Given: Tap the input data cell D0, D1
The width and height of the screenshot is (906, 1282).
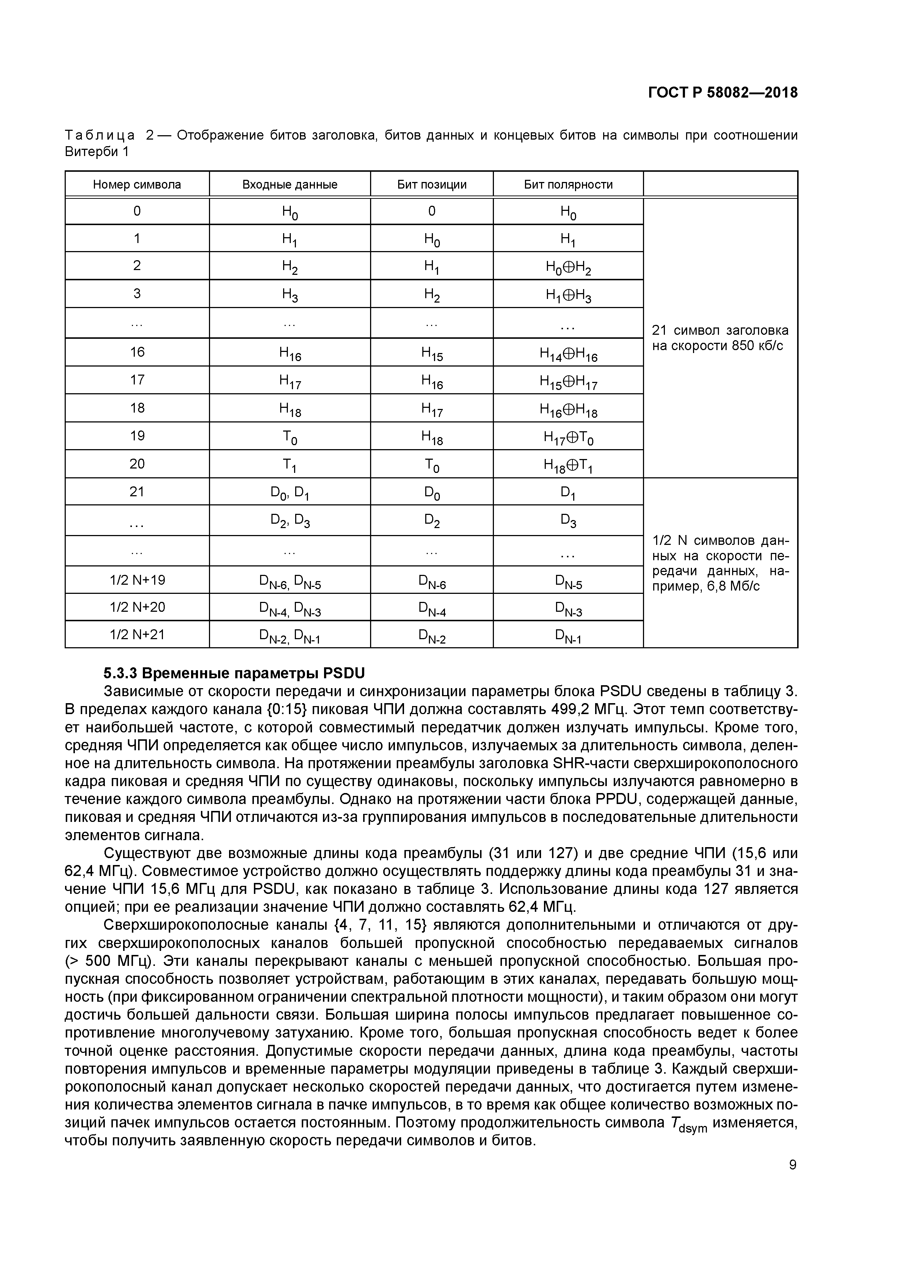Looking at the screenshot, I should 290,493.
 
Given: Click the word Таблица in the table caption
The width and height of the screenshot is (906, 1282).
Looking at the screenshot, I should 100,135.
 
